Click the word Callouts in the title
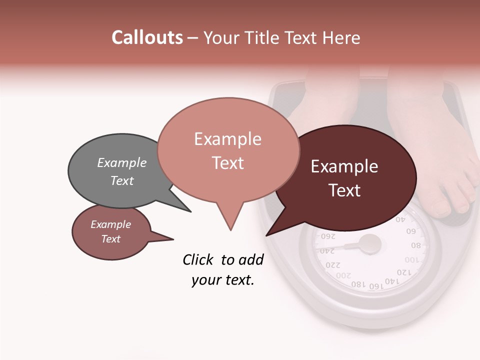[147, 37]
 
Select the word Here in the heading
[342, 37]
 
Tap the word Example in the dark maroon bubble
[344, 166]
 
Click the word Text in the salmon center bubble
[228, 162]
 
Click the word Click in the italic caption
[199, 259]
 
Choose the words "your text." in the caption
[223, 280]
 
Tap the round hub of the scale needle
[370, 244]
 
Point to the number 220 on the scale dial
[333, 264]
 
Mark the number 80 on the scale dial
[416, 245]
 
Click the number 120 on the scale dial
[404, 272]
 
